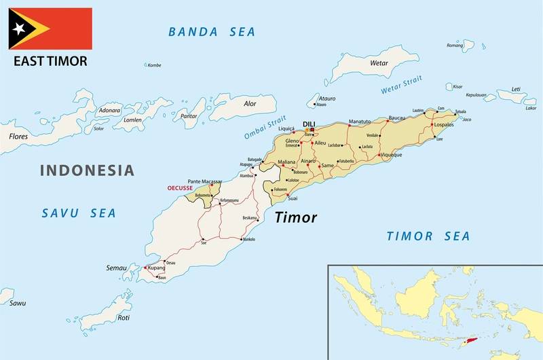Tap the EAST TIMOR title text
50,61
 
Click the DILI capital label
310,123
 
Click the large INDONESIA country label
87,170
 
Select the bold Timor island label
296,218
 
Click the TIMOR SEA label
428,236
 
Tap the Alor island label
250,104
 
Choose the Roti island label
124,318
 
